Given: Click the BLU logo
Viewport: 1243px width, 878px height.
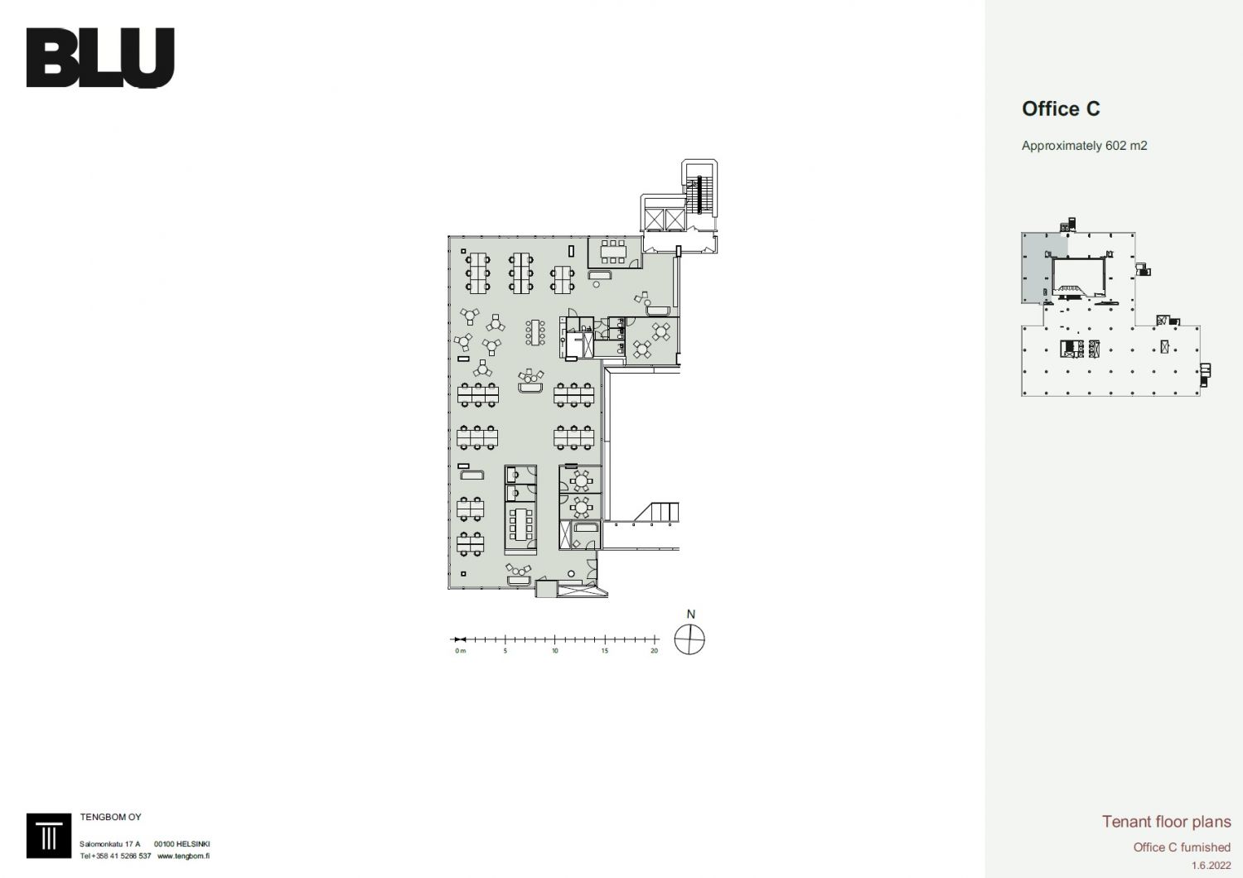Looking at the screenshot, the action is point(100,58).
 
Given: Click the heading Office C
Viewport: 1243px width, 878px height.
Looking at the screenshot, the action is point(1061,109).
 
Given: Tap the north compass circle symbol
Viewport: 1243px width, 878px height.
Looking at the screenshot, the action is point(689,639).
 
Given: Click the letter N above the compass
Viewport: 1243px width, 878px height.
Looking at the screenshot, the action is point(691,614).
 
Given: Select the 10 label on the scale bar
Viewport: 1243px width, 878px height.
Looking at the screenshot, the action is point(555,651).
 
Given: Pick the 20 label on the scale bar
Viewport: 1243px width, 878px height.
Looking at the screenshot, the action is point(655,651).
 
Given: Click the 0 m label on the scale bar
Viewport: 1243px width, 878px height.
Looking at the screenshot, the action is point(460,651).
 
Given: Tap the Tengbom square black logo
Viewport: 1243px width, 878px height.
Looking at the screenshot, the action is point(49,836).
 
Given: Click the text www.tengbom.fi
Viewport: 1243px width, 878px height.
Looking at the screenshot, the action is point(183,856).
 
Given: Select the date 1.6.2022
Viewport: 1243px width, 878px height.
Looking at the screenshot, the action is point(1212,866).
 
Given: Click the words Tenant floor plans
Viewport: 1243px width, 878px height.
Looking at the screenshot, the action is point(1167,822).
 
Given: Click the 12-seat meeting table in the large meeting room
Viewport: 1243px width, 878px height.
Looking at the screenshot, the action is point(521,524).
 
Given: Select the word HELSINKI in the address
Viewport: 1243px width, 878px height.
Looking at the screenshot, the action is point(193,844).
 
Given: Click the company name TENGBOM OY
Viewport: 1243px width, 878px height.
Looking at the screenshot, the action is point(110,817).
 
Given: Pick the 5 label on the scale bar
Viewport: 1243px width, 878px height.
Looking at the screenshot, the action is point(505,651).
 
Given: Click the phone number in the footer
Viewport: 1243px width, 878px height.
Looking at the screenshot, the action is point(115,856).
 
